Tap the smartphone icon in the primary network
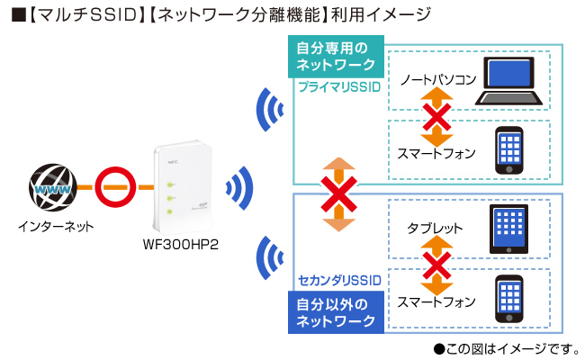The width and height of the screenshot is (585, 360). click(x=510, y=149)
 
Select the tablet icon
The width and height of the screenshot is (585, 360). click(x=510, y=228)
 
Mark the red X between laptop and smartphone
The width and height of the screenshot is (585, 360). click(x=437, y=116)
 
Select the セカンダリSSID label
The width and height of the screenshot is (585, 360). click(x=338, y=282)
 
